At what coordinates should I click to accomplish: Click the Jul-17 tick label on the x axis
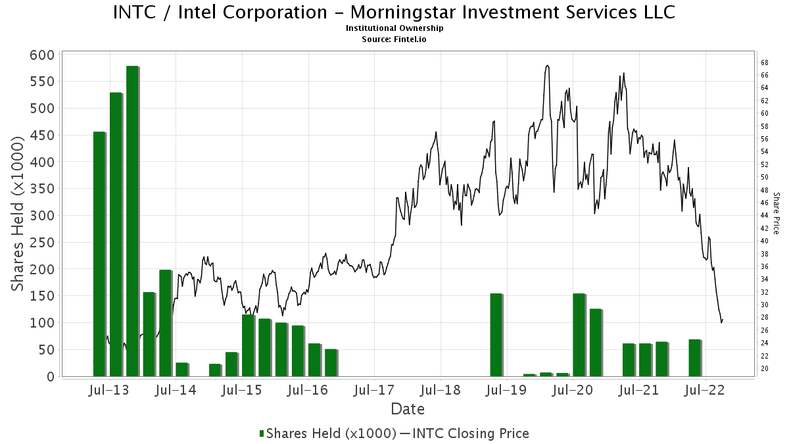pos(373,389)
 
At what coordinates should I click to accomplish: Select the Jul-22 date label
pos(705,389)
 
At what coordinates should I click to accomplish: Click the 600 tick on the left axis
pos(42,55)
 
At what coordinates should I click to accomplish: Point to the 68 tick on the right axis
pos(765,62)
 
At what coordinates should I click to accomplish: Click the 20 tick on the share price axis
pos(765,368)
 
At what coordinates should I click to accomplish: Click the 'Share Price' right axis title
pos(777,213)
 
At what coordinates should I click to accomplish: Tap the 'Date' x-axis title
pos(408,409)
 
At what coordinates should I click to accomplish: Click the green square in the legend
pos(262,433)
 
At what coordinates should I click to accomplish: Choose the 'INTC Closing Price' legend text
pos(470,433)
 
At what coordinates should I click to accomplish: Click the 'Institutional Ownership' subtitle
pos(394,28)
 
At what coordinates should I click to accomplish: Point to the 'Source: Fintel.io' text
pos(394,39)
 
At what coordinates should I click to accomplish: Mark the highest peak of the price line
pos(547,65)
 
